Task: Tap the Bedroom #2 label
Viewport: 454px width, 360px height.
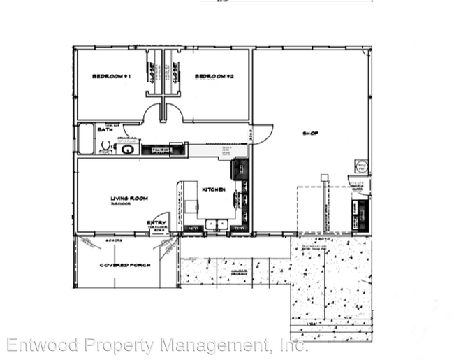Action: click(x=213, y=75)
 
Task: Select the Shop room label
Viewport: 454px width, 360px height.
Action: click(x=310, y=133)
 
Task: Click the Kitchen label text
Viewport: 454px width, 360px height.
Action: click(x=212, y=189)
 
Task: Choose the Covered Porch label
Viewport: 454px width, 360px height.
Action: click(x=121, y=265)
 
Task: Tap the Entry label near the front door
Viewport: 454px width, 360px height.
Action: click(x=152, y=222)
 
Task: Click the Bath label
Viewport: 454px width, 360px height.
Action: click(x=105, y=129)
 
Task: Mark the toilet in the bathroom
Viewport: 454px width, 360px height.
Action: click(x=105, y=146)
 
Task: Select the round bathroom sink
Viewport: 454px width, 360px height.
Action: click(x=127, y=149)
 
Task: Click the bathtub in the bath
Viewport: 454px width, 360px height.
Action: click(x=85, y=138)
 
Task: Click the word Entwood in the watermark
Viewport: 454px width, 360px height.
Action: click(x=41, y=345)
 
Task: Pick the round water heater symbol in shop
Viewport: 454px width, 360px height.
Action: click(x=362, y=167)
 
